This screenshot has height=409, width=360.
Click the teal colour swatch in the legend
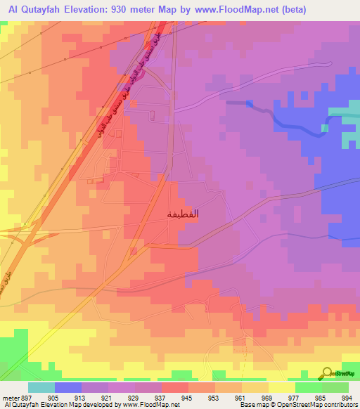pos(41,387)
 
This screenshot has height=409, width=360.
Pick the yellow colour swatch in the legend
pos(281,387)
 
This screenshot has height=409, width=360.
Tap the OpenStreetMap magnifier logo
pos(328,372)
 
